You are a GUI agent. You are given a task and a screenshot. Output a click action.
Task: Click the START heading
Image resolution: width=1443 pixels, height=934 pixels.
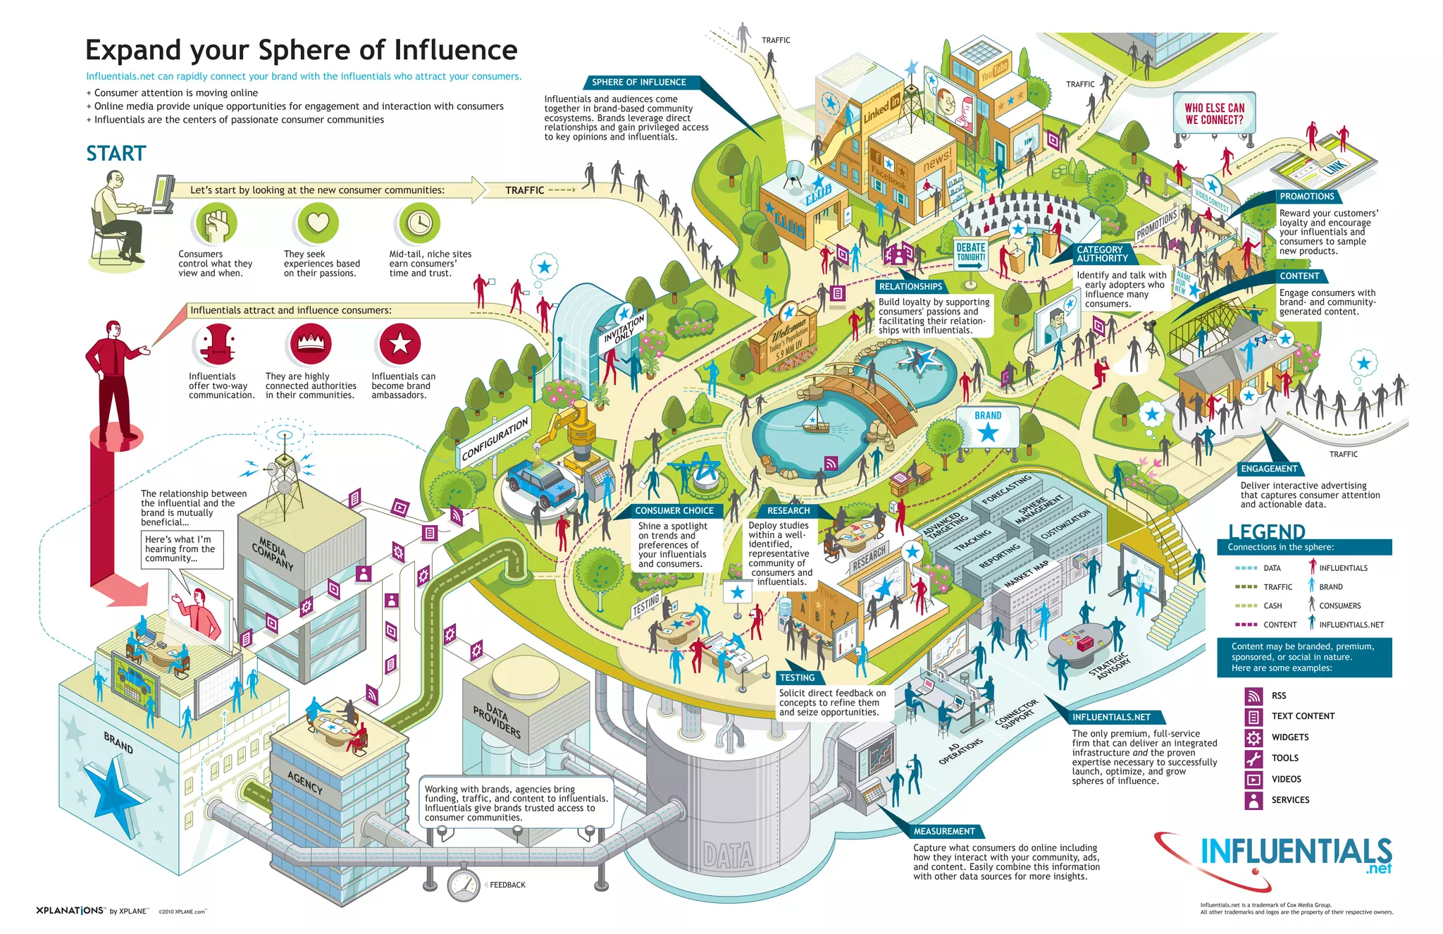coord(116,154)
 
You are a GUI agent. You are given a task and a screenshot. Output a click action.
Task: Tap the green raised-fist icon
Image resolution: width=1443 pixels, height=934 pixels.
coord(216,223)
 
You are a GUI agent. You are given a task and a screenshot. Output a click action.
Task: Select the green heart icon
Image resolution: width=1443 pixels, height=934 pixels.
coord(318,223)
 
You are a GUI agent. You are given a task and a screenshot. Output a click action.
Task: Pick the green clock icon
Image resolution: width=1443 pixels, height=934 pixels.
coord(419,223)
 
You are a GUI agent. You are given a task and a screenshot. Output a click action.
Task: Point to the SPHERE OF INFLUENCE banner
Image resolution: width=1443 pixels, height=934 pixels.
coord(638,82)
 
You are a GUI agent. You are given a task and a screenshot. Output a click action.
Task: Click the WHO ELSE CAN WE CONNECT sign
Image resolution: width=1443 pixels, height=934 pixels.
coord(1214,113)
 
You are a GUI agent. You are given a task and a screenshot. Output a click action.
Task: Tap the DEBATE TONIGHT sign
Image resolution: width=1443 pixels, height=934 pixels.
coord(970,252)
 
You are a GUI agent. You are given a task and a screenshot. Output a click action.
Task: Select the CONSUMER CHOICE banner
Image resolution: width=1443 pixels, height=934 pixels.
coord(674,510)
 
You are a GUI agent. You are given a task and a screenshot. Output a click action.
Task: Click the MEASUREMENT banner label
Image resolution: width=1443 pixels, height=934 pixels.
coord(944,831)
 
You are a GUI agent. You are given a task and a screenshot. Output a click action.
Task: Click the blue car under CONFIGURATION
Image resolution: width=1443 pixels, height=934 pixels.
coord(541,482)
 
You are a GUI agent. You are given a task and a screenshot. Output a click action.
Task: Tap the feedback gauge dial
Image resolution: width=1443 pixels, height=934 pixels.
coord(464,885)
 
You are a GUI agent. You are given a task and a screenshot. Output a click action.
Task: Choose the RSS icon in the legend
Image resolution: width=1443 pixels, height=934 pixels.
coord(1253,696)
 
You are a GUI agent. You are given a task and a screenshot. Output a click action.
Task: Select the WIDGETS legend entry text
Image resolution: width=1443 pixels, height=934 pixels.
coord(1290,737)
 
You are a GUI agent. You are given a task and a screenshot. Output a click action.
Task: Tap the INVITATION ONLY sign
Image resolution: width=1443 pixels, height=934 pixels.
coord(624,328)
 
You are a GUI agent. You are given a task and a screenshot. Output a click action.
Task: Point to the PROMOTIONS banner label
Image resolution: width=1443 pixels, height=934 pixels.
coord(1307,197)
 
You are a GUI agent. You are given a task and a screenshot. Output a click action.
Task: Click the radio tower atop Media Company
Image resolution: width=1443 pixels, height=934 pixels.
coord(285,469)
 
